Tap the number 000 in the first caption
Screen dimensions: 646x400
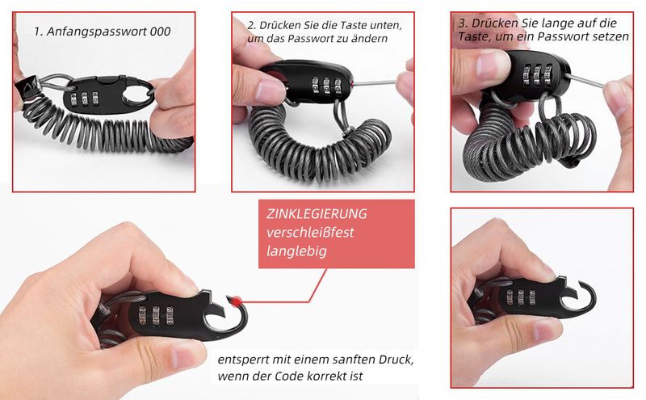pos(160,32)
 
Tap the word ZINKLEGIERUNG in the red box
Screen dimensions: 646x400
pos(317,213)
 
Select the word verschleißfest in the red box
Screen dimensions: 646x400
pos(310,232)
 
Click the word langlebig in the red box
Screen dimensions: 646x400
pos(296,251)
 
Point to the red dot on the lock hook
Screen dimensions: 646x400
pos(237,301)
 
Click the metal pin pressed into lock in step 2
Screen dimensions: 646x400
pos(374,83)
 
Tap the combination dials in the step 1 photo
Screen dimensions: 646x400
pos(85,99)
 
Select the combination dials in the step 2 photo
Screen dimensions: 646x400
pos(327,85)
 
